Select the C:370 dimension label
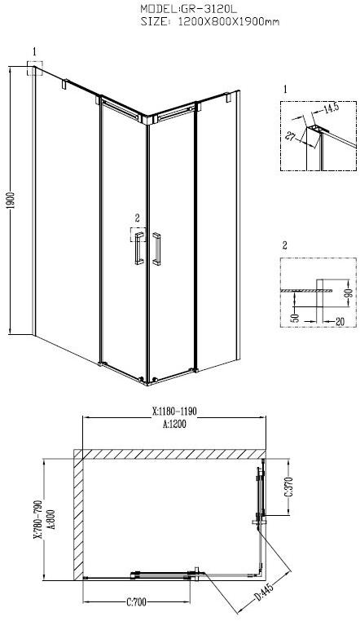point(287,488)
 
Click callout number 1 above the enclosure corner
point(34,51)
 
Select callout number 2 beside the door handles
point(137,217)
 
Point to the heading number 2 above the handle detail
point(285,244)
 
